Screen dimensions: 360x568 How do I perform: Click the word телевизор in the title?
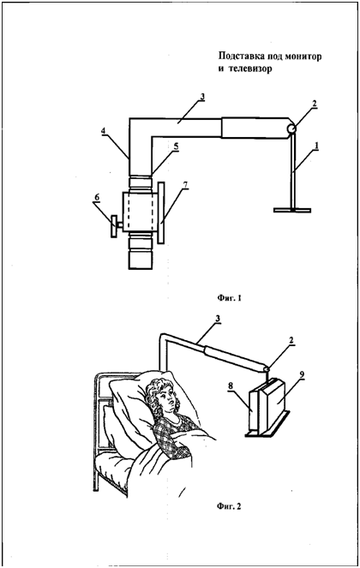pyautogui.click(x=250, y=69)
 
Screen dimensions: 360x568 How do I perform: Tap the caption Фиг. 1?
pyautogui.click(x=229, y=298)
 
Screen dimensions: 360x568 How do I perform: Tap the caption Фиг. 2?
pyautogui.click(x=229, y=506)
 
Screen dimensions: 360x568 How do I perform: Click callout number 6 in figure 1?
pyautogui.click(x=97, y=198)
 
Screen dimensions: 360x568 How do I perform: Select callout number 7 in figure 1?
pyautogui.click(x=185, y=184)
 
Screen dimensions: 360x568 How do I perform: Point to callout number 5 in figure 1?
pyautogui.click(x=176, y=146)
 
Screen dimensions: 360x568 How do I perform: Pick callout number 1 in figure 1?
pyautogui.click(x=316, y=145)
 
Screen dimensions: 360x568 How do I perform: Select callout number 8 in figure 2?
pyautogui.click(x=231, y=386)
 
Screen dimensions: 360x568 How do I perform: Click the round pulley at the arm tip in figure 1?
pyautogui.click(x=291, y=129)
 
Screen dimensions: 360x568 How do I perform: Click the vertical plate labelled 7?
pyautogui.click(x=161, y=212)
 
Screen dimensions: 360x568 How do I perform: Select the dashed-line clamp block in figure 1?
pyautogui.click(x=141, y=212)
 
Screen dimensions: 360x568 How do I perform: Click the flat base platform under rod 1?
pyautogui.click(x=292, y=210)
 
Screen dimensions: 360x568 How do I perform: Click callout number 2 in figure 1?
pyautogui.click(x=314, y=104)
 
